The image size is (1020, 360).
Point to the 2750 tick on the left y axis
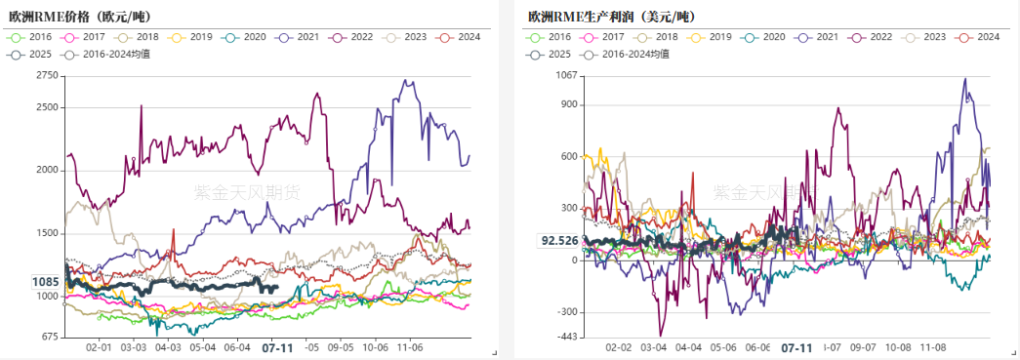pyautogui.click(x=46, y=75)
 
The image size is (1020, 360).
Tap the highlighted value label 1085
pyautogui.click(x=46, y=283)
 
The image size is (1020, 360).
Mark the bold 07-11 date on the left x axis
pyautogui.click(x=278, y=347)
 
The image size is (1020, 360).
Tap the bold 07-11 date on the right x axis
pyautogui.click(x=797, y=347)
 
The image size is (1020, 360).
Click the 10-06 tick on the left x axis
pyautogui.click(x=375, y=346)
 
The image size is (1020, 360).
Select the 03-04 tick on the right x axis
pyautogui.click(x=653, y=346)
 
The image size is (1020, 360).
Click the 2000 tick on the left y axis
pyautogui.click(x=46, y=170)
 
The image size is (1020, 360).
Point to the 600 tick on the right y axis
pyautogui.click(x=568, y=156)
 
